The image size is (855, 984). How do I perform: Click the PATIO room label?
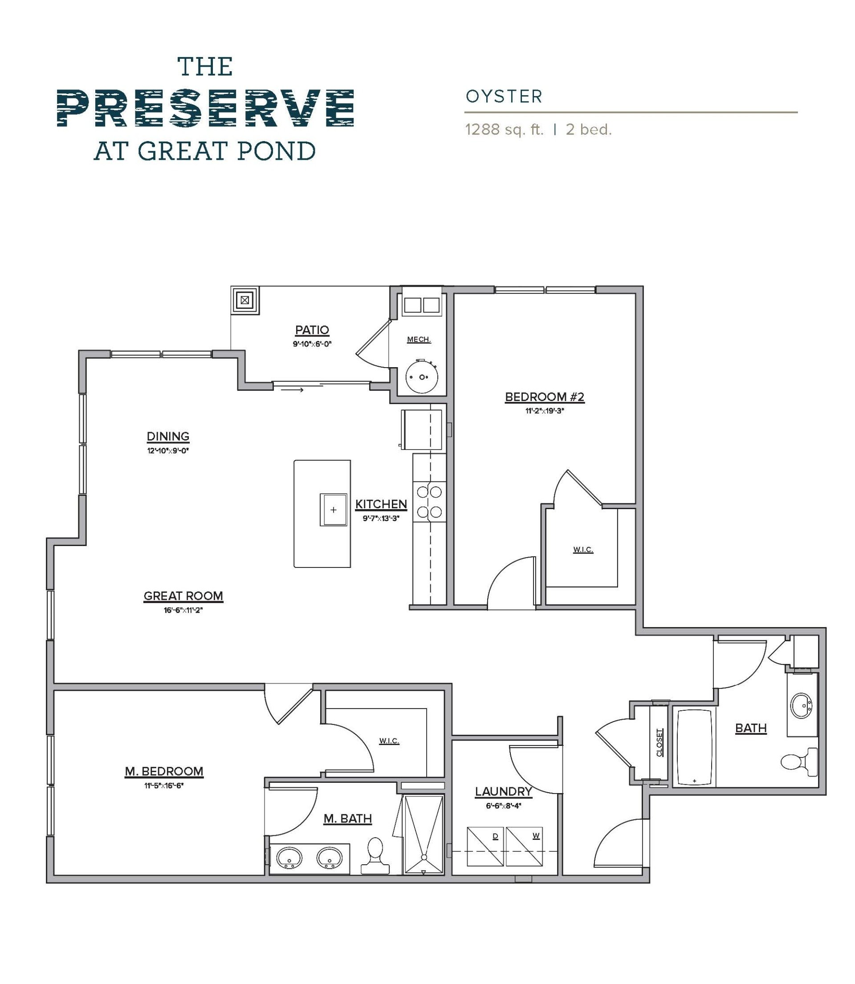[312, 329]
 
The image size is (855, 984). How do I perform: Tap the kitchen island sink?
[334, 510]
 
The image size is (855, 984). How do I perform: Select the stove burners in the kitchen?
[429, 501]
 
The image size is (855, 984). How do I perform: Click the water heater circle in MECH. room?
[421, 377]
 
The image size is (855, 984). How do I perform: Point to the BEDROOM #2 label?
[544, 397]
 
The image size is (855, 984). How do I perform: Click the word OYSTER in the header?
[504, 97]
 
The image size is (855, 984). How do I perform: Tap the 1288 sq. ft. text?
[504, 130]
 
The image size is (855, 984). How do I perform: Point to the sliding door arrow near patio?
[292, 390]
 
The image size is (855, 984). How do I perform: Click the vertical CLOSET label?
[660, 743]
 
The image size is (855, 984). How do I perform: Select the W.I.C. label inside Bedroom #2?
[583, 550]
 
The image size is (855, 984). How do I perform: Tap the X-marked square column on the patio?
[245, 300]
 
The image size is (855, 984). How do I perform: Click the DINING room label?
[168, 436]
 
